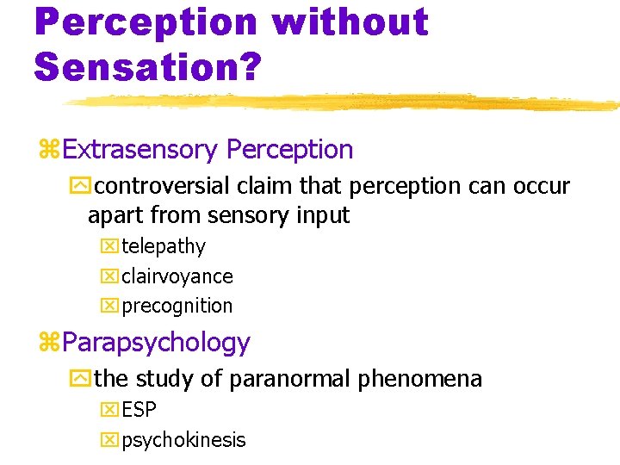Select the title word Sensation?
coord(147,65)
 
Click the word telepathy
coord(164,247)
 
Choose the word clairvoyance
coord(177,276)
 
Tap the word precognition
coord(177,306)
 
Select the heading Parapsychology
coord(156,343)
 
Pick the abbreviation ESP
coord(139,411)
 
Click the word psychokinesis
coord(183,440)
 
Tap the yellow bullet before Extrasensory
coord(48,151)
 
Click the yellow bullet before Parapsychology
coord(48,344)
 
